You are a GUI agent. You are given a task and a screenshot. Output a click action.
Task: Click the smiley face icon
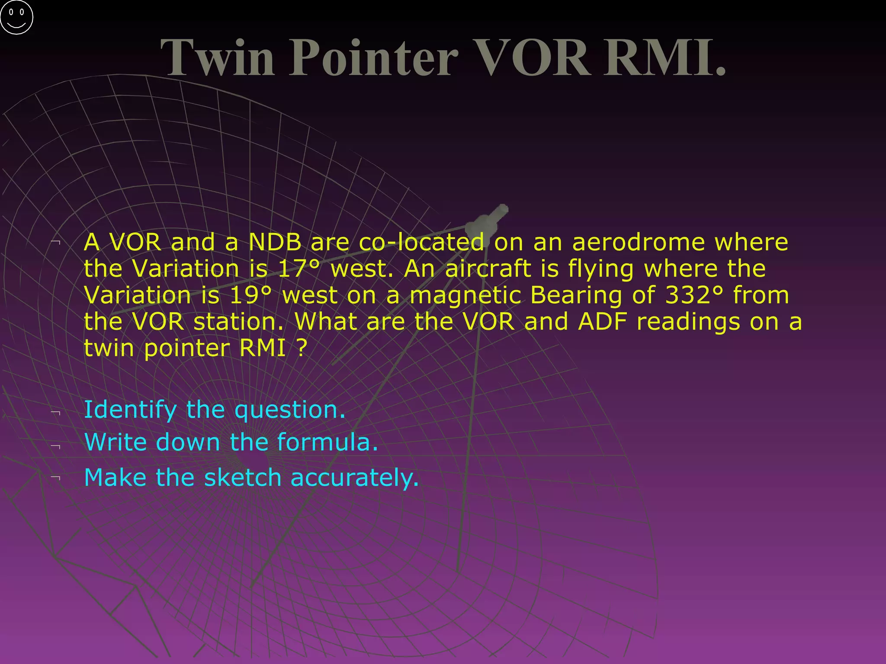(x=16, y=17)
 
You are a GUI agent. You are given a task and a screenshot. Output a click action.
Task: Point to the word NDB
(x=275, y=242)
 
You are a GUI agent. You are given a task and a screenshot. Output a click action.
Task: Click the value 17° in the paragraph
(x=299, y=268)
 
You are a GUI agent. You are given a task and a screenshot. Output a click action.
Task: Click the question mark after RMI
(x=302, y=348)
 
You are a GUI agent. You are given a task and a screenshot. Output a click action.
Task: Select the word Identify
(x=130, y=410)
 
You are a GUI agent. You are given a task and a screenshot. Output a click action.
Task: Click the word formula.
(x=327, y=442)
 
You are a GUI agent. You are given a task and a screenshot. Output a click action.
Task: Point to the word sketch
(x=243, y=478)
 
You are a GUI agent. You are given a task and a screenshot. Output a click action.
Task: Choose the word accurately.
(x=355, y=478)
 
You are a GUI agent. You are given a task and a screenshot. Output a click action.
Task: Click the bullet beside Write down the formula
(x=55, y=446)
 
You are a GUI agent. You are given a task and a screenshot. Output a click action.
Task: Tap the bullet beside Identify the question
(x=55, y=413)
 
